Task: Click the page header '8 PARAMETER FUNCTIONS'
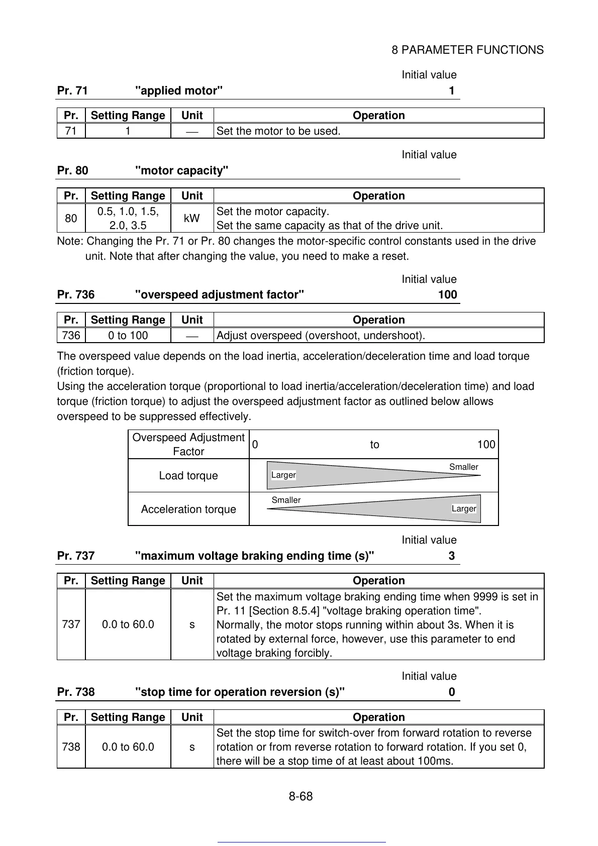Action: pyautogui.click(x=467, y=50)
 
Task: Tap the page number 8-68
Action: pyautogui.click(x=301, y=796)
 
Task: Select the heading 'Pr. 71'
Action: pyautogui.click(x=72, y=91)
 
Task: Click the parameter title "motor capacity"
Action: pyautogui.click(x=182, y=171)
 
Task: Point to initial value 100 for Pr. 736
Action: pyautogui.click(x=447, y=295)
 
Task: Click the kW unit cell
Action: pyautogui.click(x=192, y=219)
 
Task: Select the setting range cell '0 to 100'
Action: pyautogui.click(x=128, y=336)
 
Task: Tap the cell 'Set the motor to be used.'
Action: pyautogui.click(x=278, y=131)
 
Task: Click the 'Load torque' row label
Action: pyautogui.click(x=188, y=476)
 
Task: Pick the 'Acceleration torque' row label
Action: pyautogui.click(x=188, y=509)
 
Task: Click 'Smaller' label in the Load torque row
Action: pyautogui.click(x=463, y=467)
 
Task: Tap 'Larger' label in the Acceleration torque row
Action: pyautogui.click(x=463, y=509)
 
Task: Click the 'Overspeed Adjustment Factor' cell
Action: pyautogui.click(x=188, y=445)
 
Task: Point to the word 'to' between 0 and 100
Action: pyautogui.click(x=374, y=445)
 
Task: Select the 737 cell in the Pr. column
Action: pyautogui.click(x=71, y=624)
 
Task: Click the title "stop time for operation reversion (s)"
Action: pyautogui.click(x=240, y=692)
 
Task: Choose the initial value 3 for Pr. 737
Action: pyautogui.click(x=452, y=556)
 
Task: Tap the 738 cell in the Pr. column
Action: pyautogui.click(x=71, y=747)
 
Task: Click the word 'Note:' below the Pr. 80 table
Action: pyautogui.click(x=70, y=242)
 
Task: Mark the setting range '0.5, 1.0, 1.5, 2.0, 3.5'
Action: pyautogui.click(x=128, y=219)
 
